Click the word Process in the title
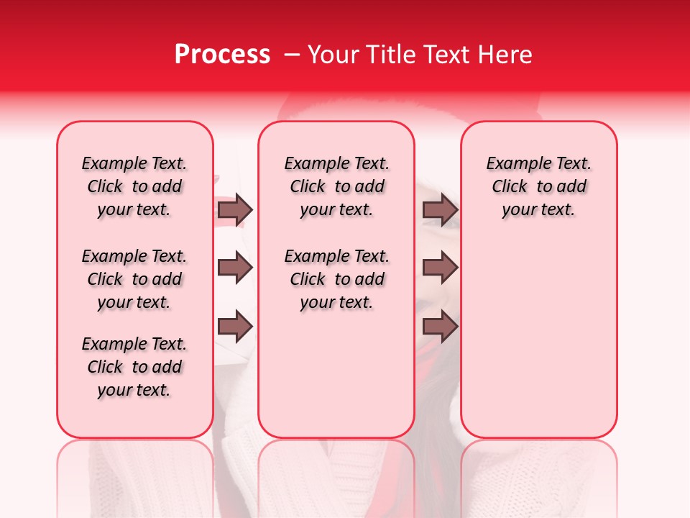(x=222, y=55)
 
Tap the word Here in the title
(x=503, y=55)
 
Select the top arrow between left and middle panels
(x=235, y=209)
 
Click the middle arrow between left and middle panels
(x=235, y=268)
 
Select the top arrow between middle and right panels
(x=440, y=209)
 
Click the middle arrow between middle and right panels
(x=440, y=268)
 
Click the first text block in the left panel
(x=134, y=186)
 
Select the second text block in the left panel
(x=134, y=279)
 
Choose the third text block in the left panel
(x=134, y=367)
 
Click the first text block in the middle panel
(x=336, y=186)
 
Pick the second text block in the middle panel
(x=336, y=279)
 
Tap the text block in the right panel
(x=538, y=186)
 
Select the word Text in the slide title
(x=444, y=55)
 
